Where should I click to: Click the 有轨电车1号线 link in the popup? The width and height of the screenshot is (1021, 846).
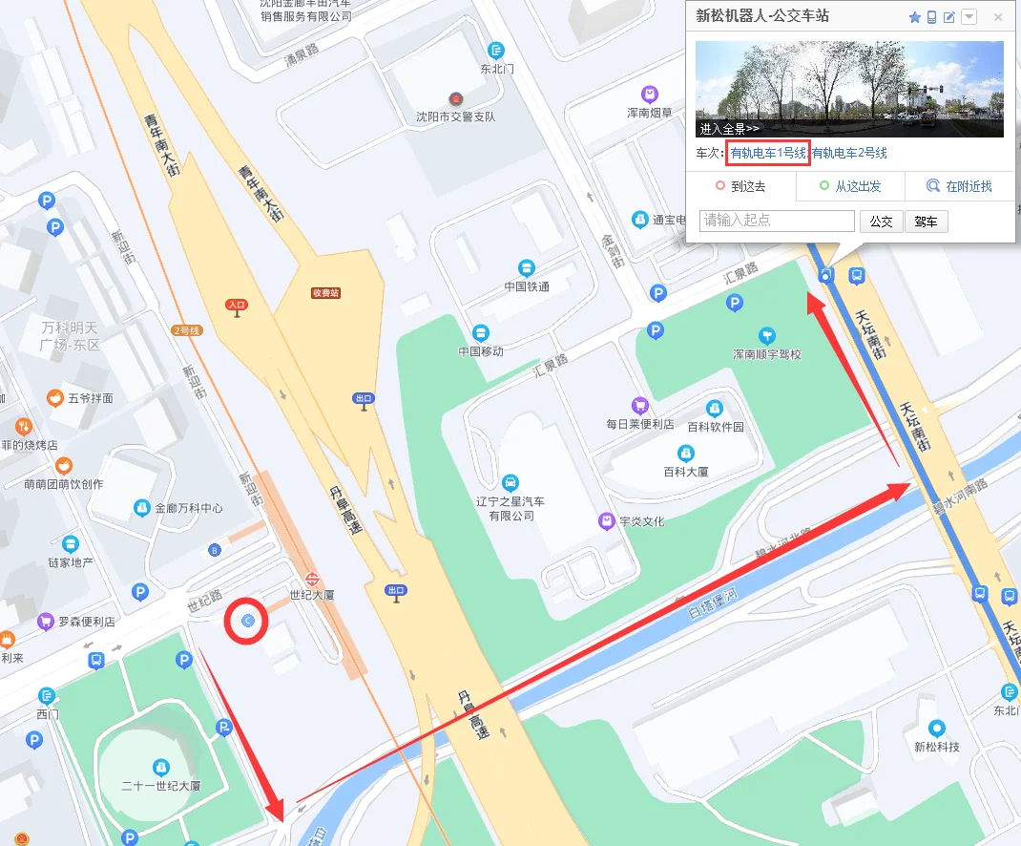click(769, 153)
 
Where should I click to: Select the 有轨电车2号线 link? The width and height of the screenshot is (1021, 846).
click(849, 153)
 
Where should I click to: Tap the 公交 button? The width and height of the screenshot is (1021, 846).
click(881, 222)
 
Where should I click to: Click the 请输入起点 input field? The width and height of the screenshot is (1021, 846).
click(777, 221)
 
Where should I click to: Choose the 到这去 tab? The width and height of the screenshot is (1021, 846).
click(741, 187)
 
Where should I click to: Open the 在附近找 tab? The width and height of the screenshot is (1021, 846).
click(960, 187)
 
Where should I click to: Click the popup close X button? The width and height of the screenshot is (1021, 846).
click(998, 17)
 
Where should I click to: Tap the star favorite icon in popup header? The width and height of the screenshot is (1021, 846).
click(914, 17)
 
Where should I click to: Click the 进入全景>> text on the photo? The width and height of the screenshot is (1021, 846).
click(729, 128)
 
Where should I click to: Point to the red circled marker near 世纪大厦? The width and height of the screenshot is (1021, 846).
click(247, 622)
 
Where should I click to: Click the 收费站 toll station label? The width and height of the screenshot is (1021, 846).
click(325, 293)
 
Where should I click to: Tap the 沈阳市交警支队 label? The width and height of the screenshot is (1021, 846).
click(455, 116)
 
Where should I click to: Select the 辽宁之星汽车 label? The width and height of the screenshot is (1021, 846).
click(510, 501)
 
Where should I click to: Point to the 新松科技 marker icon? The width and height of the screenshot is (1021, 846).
click(936, 729)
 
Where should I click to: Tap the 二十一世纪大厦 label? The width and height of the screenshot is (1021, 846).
click(161, 786)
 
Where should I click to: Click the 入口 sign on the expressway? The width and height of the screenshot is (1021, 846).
click(237, 305)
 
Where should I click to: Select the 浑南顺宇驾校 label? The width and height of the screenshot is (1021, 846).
click(766, 353)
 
